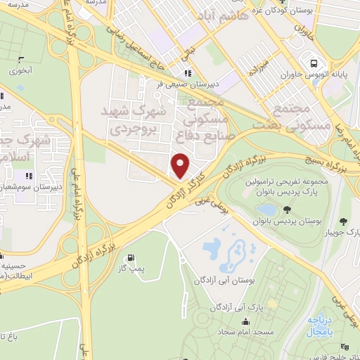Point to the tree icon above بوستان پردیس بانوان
tap(287, 209)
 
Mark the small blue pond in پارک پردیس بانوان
tap(267, 210)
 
